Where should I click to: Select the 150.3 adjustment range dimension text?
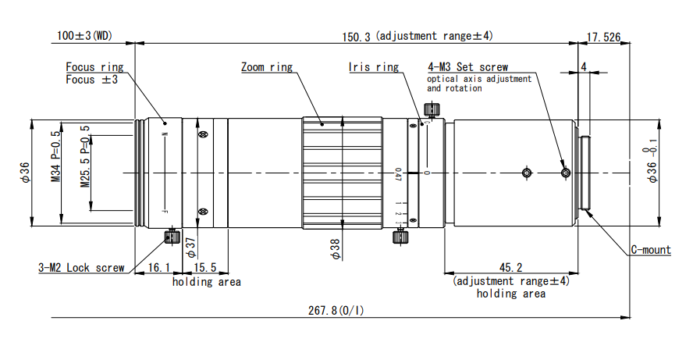pyautogui.click(x=418, y=36)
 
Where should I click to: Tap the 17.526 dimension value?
pyautogui.click(x=604, y=36)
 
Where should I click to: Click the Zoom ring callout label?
pyautogui.click(x=267, y=67)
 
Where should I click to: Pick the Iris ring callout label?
pyautogui.click(x=373, y=67)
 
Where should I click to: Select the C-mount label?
pyautogui.click(x=650, y=250)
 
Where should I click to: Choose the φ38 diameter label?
pyautogui.click(x=335, y=248)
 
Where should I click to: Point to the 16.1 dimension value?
pyautogui.click(x=159, y=268)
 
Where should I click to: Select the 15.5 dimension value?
pyautogui.click(x=207, y=268)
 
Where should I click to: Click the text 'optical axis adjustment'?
pyautogui.click(x=479, y=79)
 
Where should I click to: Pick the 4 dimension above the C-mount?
pyautogui.click(x=584, y=67)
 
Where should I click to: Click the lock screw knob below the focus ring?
pyautogui.click(x=171, y=236)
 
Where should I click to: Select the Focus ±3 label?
pyautogui.click(x=92, y=80)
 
